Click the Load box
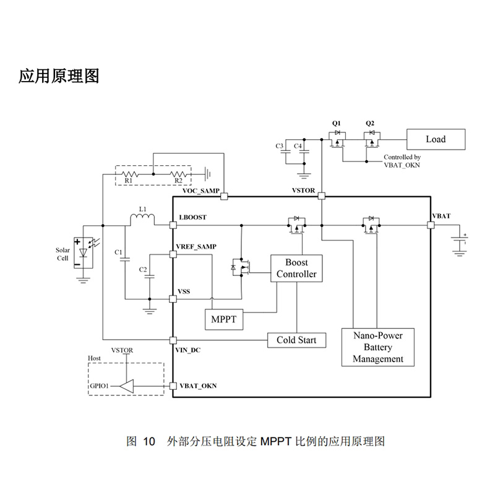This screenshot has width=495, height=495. (x=435, y=139)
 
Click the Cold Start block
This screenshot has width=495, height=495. (x=296, y=340)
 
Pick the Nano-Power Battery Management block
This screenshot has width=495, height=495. (x=378, y=347)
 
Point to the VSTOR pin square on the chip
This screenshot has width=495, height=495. (x=321, y=196)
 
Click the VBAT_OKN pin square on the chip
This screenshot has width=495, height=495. (x=173, y=386)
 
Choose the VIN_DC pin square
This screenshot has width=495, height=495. (x=173, y=340)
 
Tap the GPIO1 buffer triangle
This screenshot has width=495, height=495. (x=127, y=386)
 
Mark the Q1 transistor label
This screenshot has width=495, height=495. (x=337, y=123)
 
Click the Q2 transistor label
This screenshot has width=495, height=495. (x=371, y=123)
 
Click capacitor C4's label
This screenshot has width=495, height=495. (x=298, y=146)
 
